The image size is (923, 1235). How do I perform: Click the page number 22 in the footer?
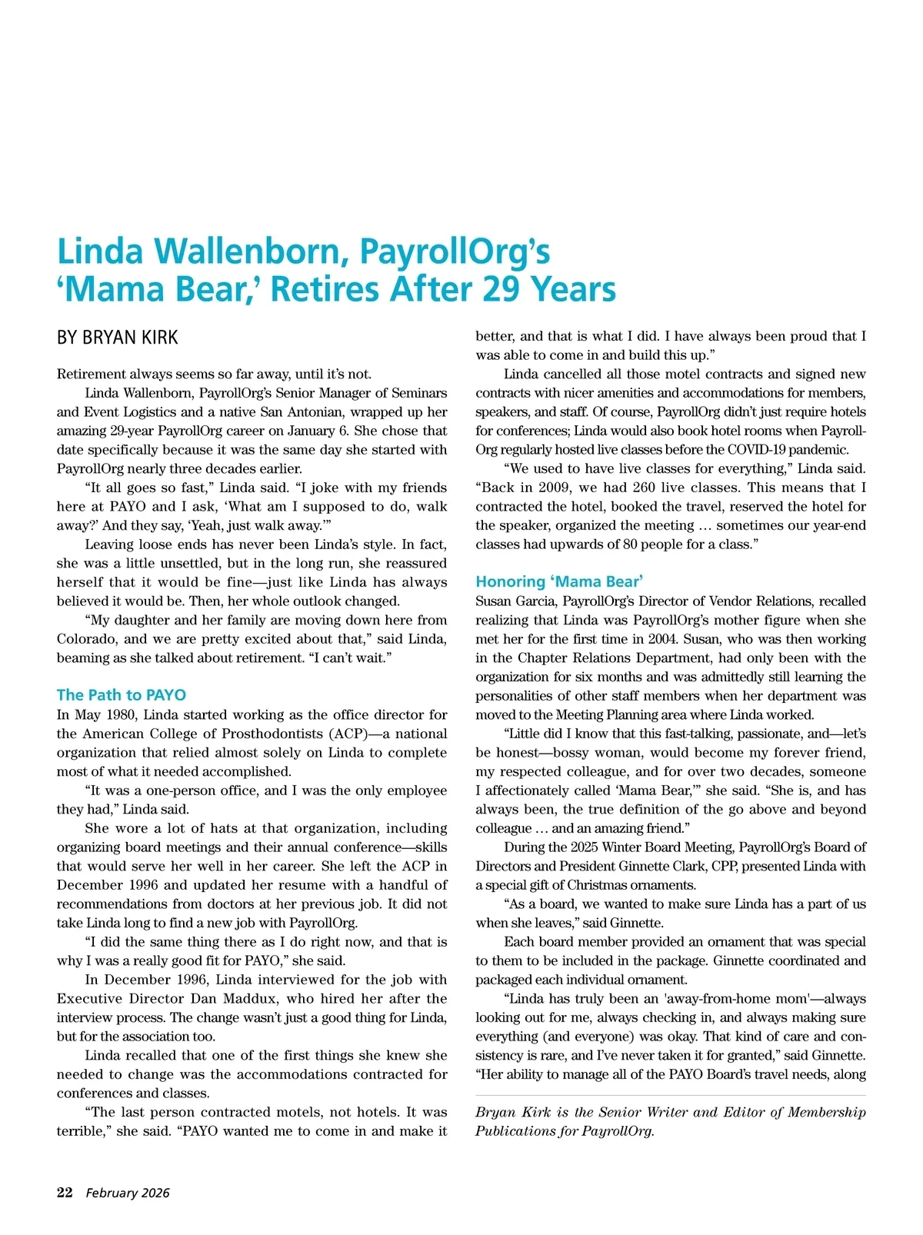(x=65, y=1193)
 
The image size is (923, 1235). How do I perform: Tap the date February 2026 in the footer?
(x=127, y=1193)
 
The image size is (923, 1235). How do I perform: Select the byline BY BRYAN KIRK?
(x=118, y=338)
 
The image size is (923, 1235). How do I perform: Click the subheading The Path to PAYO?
(x=122, y=695)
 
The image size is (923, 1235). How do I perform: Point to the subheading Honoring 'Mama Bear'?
(x=559, y=581)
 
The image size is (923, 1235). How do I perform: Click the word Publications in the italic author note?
(x=514, y=1131)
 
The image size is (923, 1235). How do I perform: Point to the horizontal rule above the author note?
(x=670, y=1094)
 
